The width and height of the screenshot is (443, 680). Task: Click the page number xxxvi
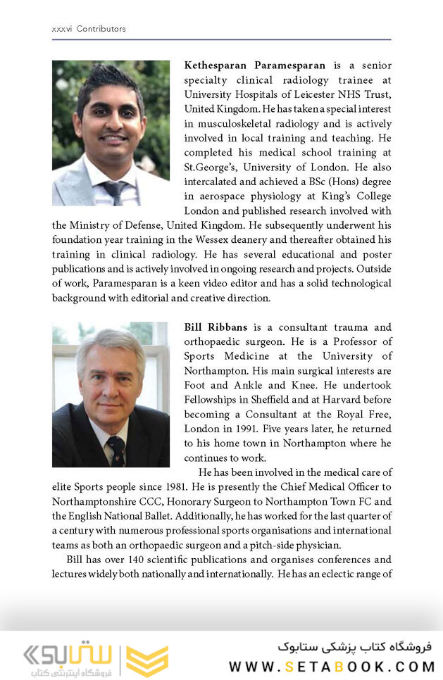pyautogui.click(x=62, y=29)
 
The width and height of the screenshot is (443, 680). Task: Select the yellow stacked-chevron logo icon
pyautogui.click(x=146, y=660)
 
